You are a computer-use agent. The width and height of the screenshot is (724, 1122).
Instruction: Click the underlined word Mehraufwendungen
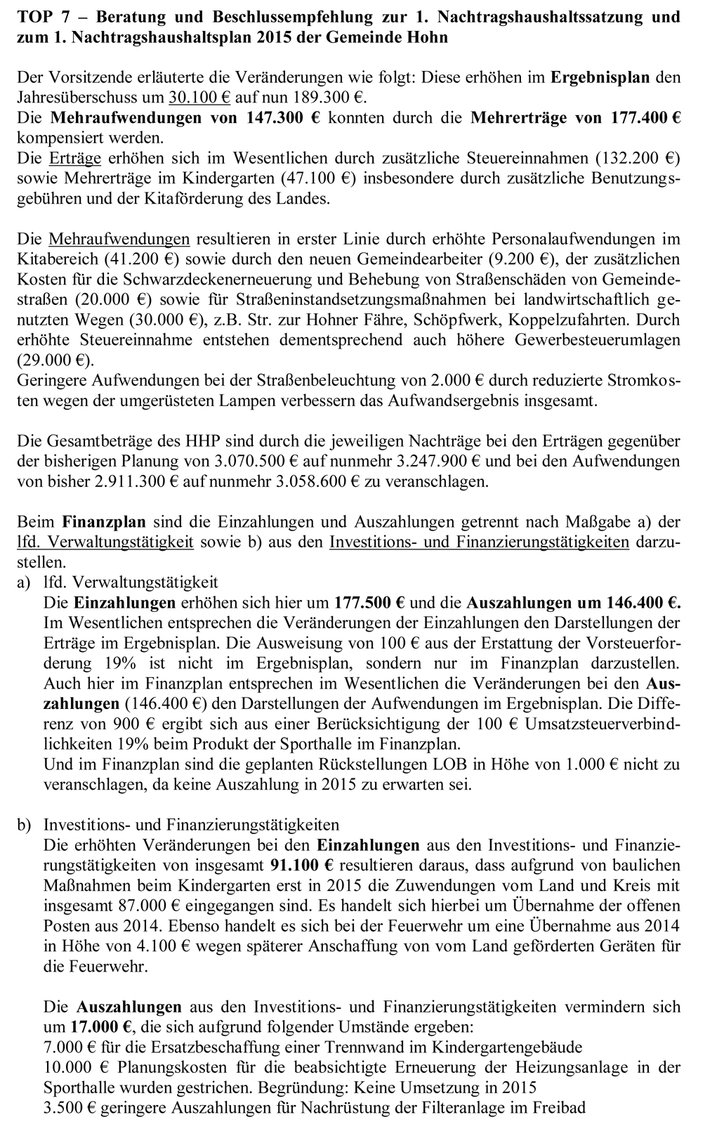(119, 239)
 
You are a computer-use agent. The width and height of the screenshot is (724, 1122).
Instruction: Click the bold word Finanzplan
(104, 522)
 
